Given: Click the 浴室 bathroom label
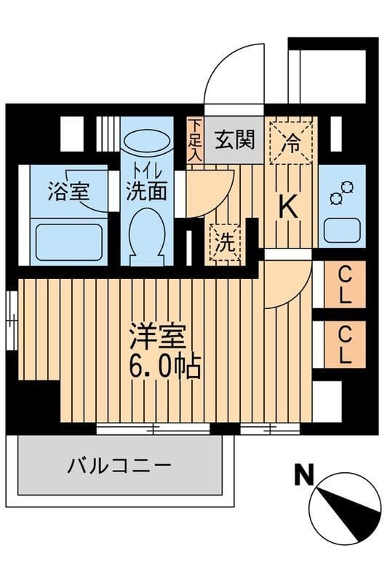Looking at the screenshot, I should tap(68, 192).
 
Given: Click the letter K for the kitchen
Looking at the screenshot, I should tap(289, 208).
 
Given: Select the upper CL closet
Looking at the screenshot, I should tap(346, 285).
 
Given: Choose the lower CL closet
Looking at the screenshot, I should tap(346, 345).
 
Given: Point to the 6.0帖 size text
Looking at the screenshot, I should tap(165, 367).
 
